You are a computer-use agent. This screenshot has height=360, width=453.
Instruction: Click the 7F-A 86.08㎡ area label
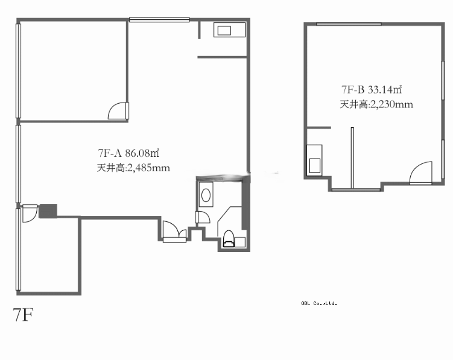tap(128, 153)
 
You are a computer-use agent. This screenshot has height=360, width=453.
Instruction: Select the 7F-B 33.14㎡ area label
tap(372, 90)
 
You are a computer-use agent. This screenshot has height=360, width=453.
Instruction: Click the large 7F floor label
tap(23, 315)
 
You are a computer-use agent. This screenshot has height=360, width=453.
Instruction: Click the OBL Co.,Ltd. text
tap(319, 303)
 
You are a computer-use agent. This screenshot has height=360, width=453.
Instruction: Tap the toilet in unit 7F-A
tap(229, 239)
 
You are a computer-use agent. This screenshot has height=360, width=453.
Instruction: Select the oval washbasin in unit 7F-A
tap(206, 195)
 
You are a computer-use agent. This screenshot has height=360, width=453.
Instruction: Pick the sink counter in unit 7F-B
tap(314, 160)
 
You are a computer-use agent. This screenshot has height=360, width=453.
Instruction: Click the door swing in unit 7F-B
tap(421, 173)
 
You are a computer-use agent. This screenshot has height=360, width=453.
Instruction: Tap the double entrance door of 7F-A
tap(174, 232)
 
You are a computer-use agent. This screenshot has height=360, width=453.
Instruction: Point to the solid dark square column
tap(48, 211)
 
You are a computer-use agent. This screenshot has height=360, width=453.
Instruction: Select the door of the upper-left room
tap(118, 111)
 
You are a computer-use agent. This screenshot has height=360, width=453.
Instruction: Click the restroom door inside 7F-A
tap(203, 217)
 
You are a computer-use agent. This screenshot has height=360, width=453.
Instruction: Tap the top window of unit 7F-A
tap(159, 20)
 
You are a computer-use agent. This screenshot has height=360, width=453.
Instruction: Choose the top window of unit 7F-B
tap(349, 24)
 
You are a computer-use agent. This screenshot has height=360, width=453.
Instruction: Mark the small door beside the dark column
tap(30, 213)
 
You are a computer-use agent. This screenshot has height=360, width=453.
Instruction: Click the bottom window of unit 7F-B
tap(356, 190)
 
